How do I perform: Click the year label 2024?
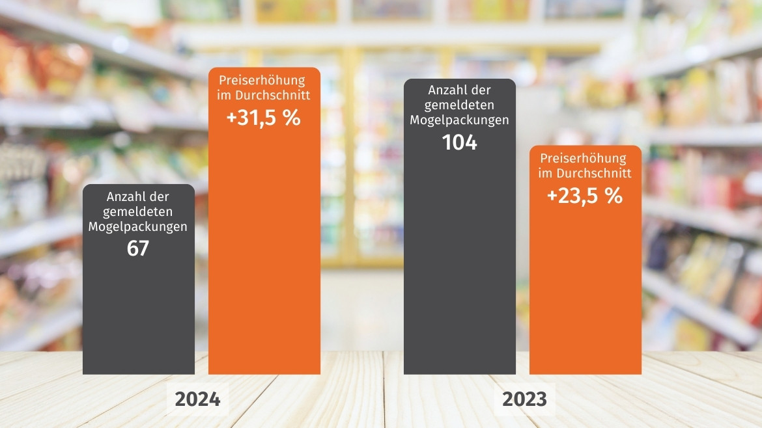[x=197, y=399]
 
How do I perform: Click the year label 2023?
[x=524, y=399]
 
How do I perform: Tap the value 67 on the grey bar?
[x=138, y=248]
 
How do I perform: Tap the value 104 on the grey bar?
[x=460, y=142]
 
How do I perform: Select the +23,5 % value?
[x=585, y=195]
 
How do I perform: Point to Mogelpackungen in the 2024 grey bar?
[x=138, y=227]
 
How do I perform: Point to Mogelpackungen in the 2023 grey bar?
[x=460, y=120]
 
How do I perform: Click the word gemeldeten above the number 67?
[x=138, y=211]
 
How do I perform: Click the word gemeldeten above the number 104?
[x=460, y=105]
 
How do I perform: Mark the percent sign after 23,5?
[x=614, y=196]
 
